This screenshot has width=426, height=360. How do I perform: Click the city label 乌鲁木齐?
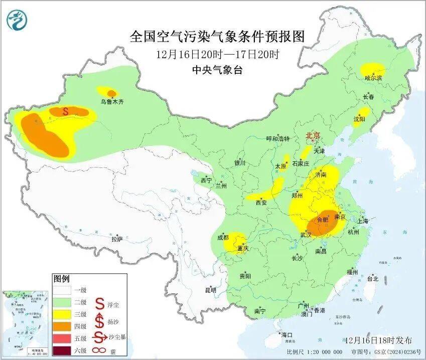[111, 102]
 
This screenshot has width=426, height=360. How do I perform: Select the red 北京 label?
[314, 135]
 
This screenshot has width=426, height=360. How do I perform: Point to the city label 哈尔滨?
[373, 78]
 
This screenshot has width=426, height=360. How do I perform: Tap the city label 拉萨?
[116, 239]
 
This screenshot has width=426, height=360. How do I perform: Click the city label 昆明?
[211, 290]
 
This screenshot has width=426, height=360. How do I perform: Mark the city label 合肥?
[324, 220]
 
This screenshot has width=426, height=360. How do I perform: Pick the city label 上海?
[362, 221]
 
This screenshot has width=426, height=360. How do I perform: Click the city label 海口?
[287, 334]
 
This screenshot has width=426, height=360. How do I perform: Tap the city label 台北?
[372, 279]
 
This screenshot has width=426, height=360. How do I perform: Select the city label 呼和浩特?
[277, 139]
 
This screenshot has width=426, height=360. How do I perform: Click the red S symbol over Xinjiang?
[65, 111]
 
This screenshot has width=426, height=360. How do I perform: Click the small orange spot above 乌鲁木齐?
[112, 93]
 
